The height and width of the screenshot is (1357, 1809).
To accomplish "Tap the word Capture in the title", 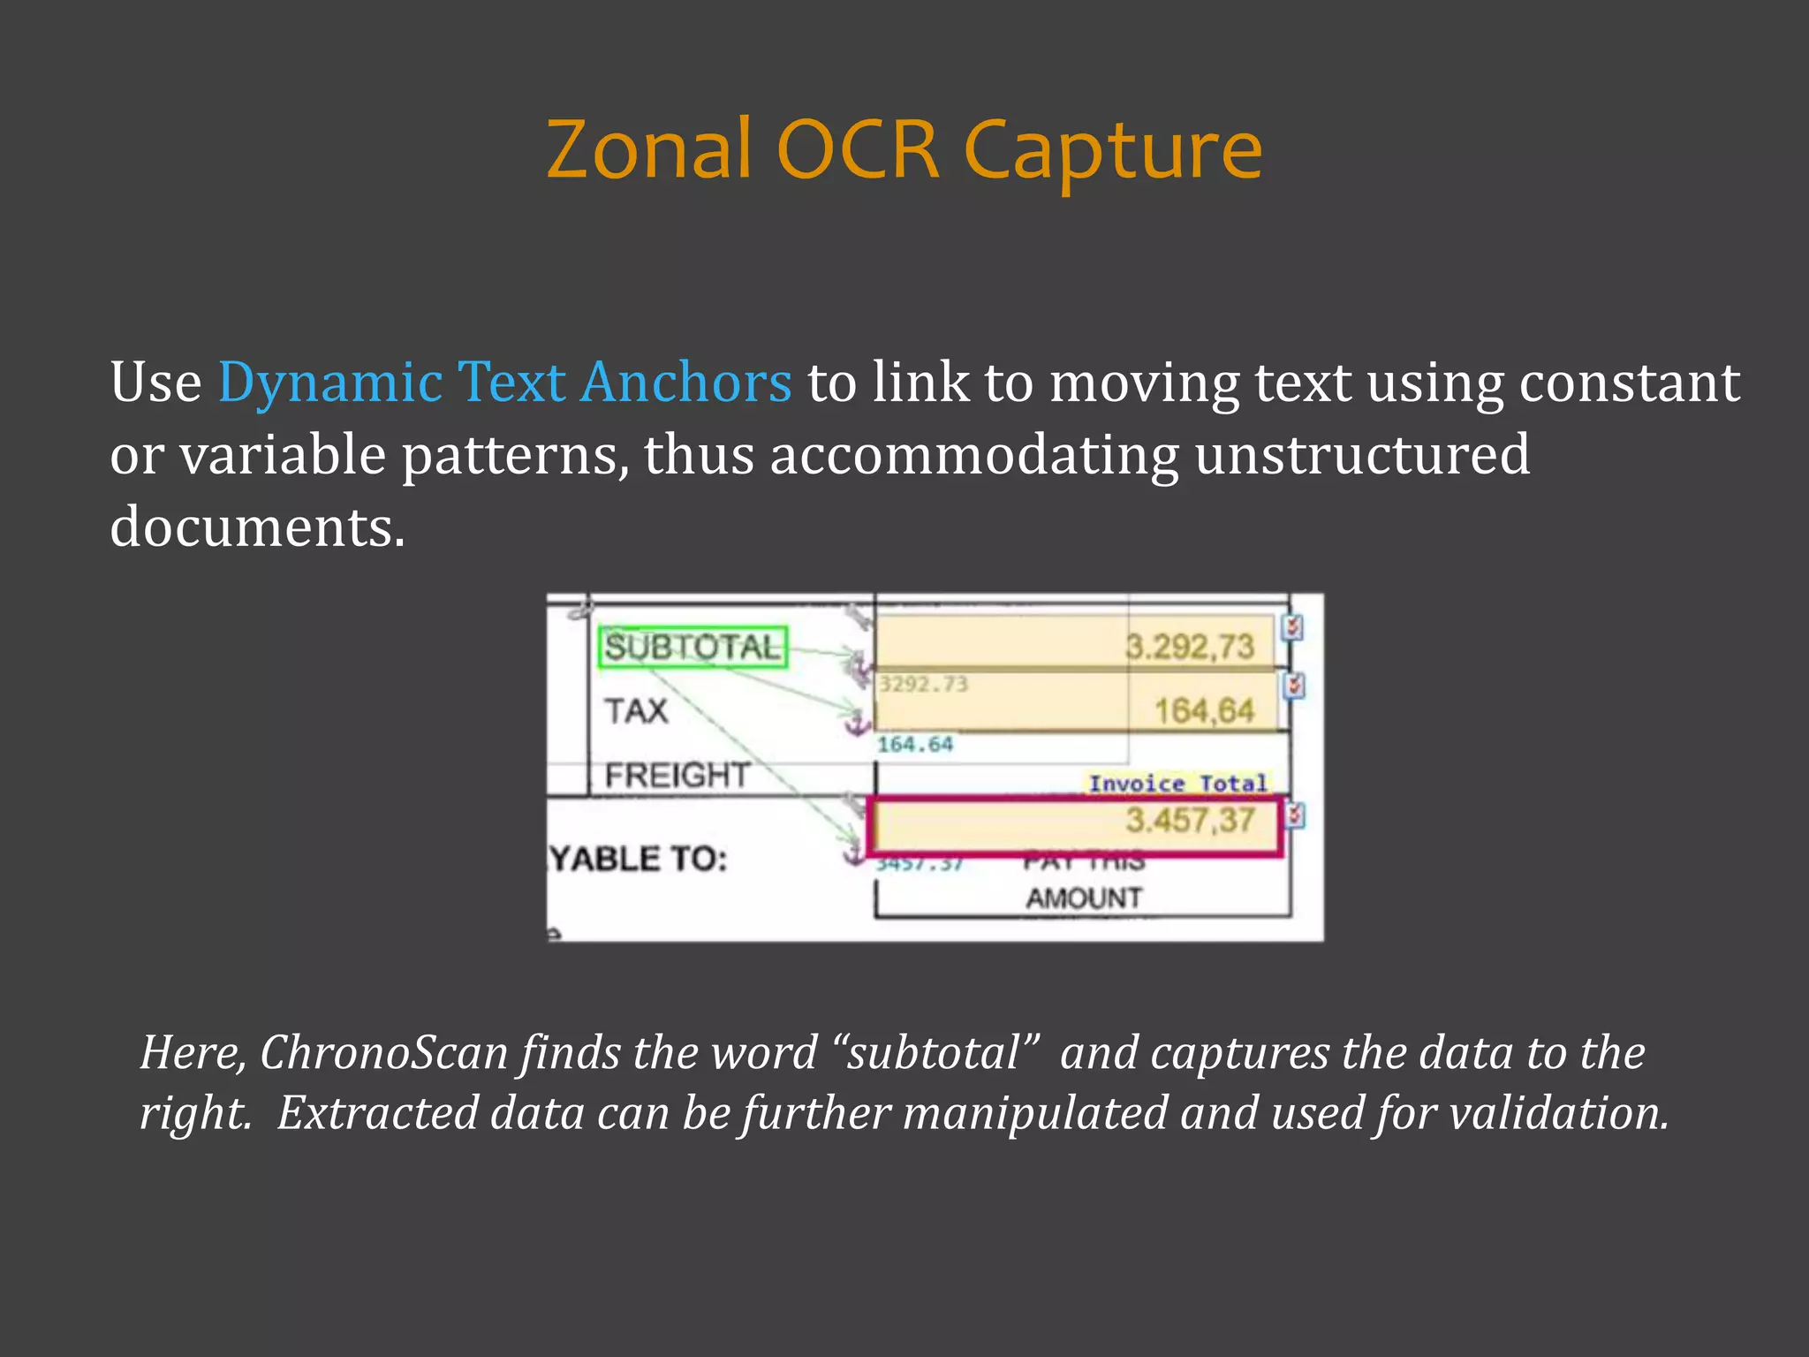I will (1112, 152).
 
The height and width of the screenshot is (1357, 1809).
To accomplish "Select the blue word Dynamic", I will (330, 383).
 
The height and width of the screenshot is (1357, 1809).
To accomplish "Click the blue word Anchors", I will (686, 383).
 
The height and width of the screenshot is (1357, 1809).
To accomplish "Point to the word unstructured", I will (1362, 455).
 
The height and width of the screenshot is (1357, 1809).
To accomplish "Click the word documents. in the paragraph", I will (258, 527).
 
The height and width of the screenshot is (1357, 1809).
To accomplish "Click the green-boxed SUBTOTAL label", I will (693, 648).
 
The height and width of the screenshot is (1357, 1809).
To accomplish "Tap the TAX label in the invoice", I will (636, 711).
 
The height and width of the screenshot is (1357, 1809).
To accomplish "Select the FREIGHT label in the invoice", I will (677, 776).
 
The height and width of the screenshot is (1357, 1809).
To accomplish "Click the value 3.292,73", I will (1189, 647).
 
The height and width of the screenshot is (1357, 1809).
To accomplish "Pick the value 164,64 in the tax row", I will (1204, 711).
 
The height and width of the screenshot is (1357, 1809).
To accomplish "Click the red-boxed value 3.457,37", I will (1189, 821).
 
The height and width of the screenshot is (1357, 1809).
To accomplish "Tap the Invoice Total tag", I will (1177, 784).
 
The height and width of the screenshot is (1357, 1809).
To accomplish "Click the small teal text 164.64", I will (915, 745).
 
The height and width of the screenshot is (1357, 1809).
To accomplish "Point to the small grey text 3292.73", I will (923, 684).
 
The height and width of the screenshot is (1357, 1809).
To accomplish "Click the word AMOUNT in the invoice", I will (1084, 898).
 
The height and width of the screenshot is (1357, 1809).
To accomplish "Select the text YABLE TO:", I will (639, 859).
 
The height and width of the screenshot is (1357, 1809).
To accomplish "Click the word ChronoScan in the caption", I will (383, 1053).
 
